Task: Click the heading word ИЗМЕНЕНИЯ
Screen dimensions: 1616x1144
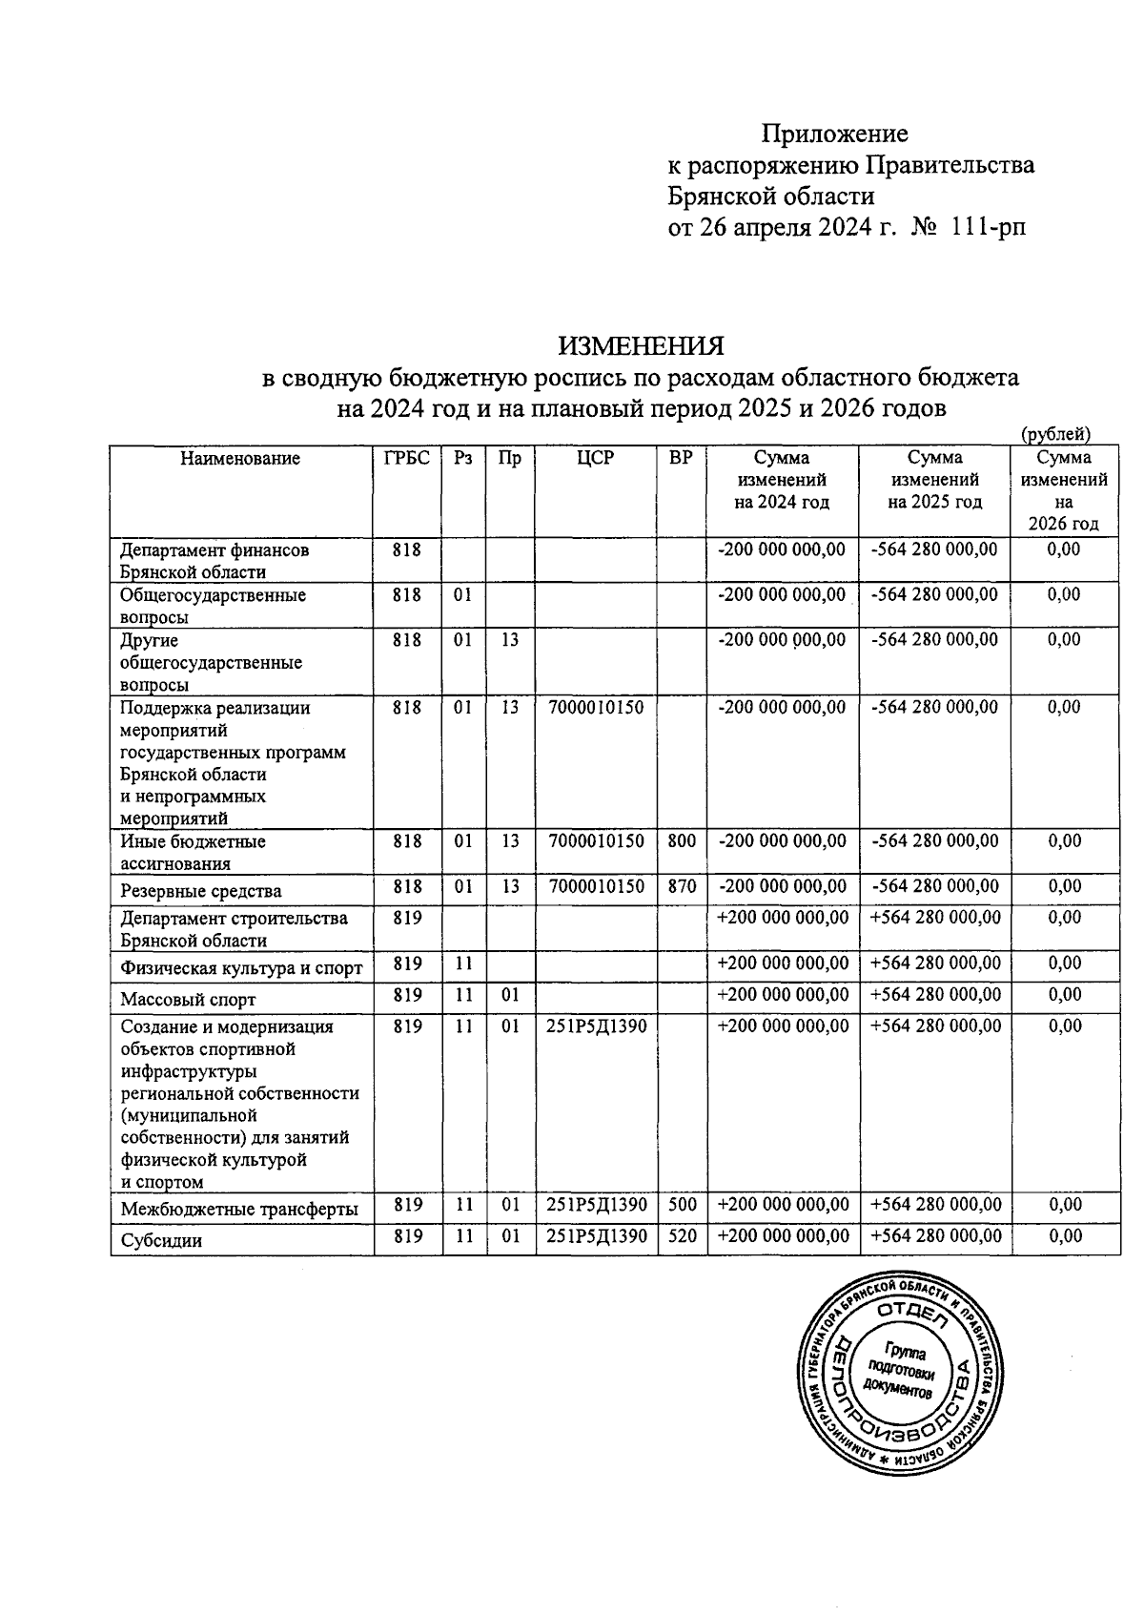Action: pos(641,343)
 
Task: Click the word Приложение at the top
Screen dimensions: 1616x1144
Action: pos(834,133)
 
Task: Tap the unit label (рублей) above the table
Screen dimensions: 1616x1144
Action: pos(1055,435)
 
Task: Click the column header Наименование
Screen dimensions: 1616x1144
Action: pos(240,459)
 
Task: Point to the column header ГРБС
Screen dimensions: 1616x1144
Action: pos(406,459)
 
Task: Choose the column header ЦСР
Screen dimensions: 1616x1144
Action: pos(596,459)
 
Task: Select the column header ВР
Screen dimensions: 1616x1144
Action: pos(681,459)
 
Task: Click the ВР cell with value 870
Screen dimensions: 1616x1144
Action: pos(682,886)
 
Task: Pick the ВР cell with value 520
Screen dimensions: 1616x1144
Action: pos(683,1236)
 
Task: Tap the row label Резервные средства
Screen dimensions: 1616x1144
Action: pos(201,892)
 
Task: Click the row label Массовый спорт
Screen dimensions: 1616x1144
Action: pos(188,1000)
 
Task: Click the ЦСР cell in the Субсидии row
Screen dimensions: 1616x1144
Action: pos(597,1236)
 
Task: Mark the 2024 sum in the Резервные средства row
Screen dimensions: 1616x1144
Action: pos(782,886)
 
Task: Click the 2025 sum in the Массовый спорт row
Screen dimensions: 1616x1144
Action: pos(935,995)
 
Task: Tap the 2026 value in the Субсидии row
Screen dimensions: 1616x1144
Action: pos(1064,1236)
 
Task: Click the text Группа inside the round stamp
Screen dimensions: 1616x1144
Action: pos(905,1352)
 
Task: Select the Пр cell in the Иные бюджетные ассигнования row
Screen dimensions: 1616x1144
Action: pos(510,841)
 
